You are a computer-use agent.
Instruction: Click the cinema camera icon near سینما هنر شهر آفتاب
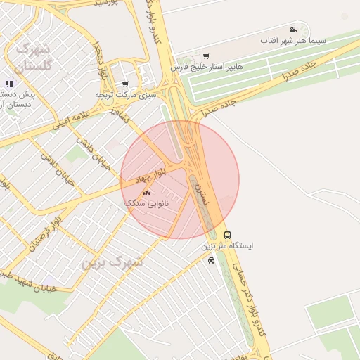[292, 30]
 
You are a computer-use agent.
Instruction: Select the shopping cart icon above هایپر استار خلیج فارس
[205, 56]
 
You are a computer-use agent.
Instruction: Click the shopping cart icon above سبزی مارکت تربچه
[125, 84]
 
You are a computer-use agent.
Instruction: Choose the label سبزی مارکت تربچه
[124, 94]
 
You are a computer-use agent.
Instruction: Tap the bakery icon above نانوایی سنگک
[147, 193]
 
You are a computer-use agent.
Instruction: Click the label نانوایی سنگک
[144, 202]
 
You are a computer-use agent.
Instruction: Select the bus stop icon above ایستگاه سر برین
[226, 235]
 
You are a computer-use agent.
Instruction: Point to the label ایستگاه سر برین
[227, 246]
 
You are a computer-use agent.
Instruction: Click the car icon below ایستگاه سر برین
[211, 259]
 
